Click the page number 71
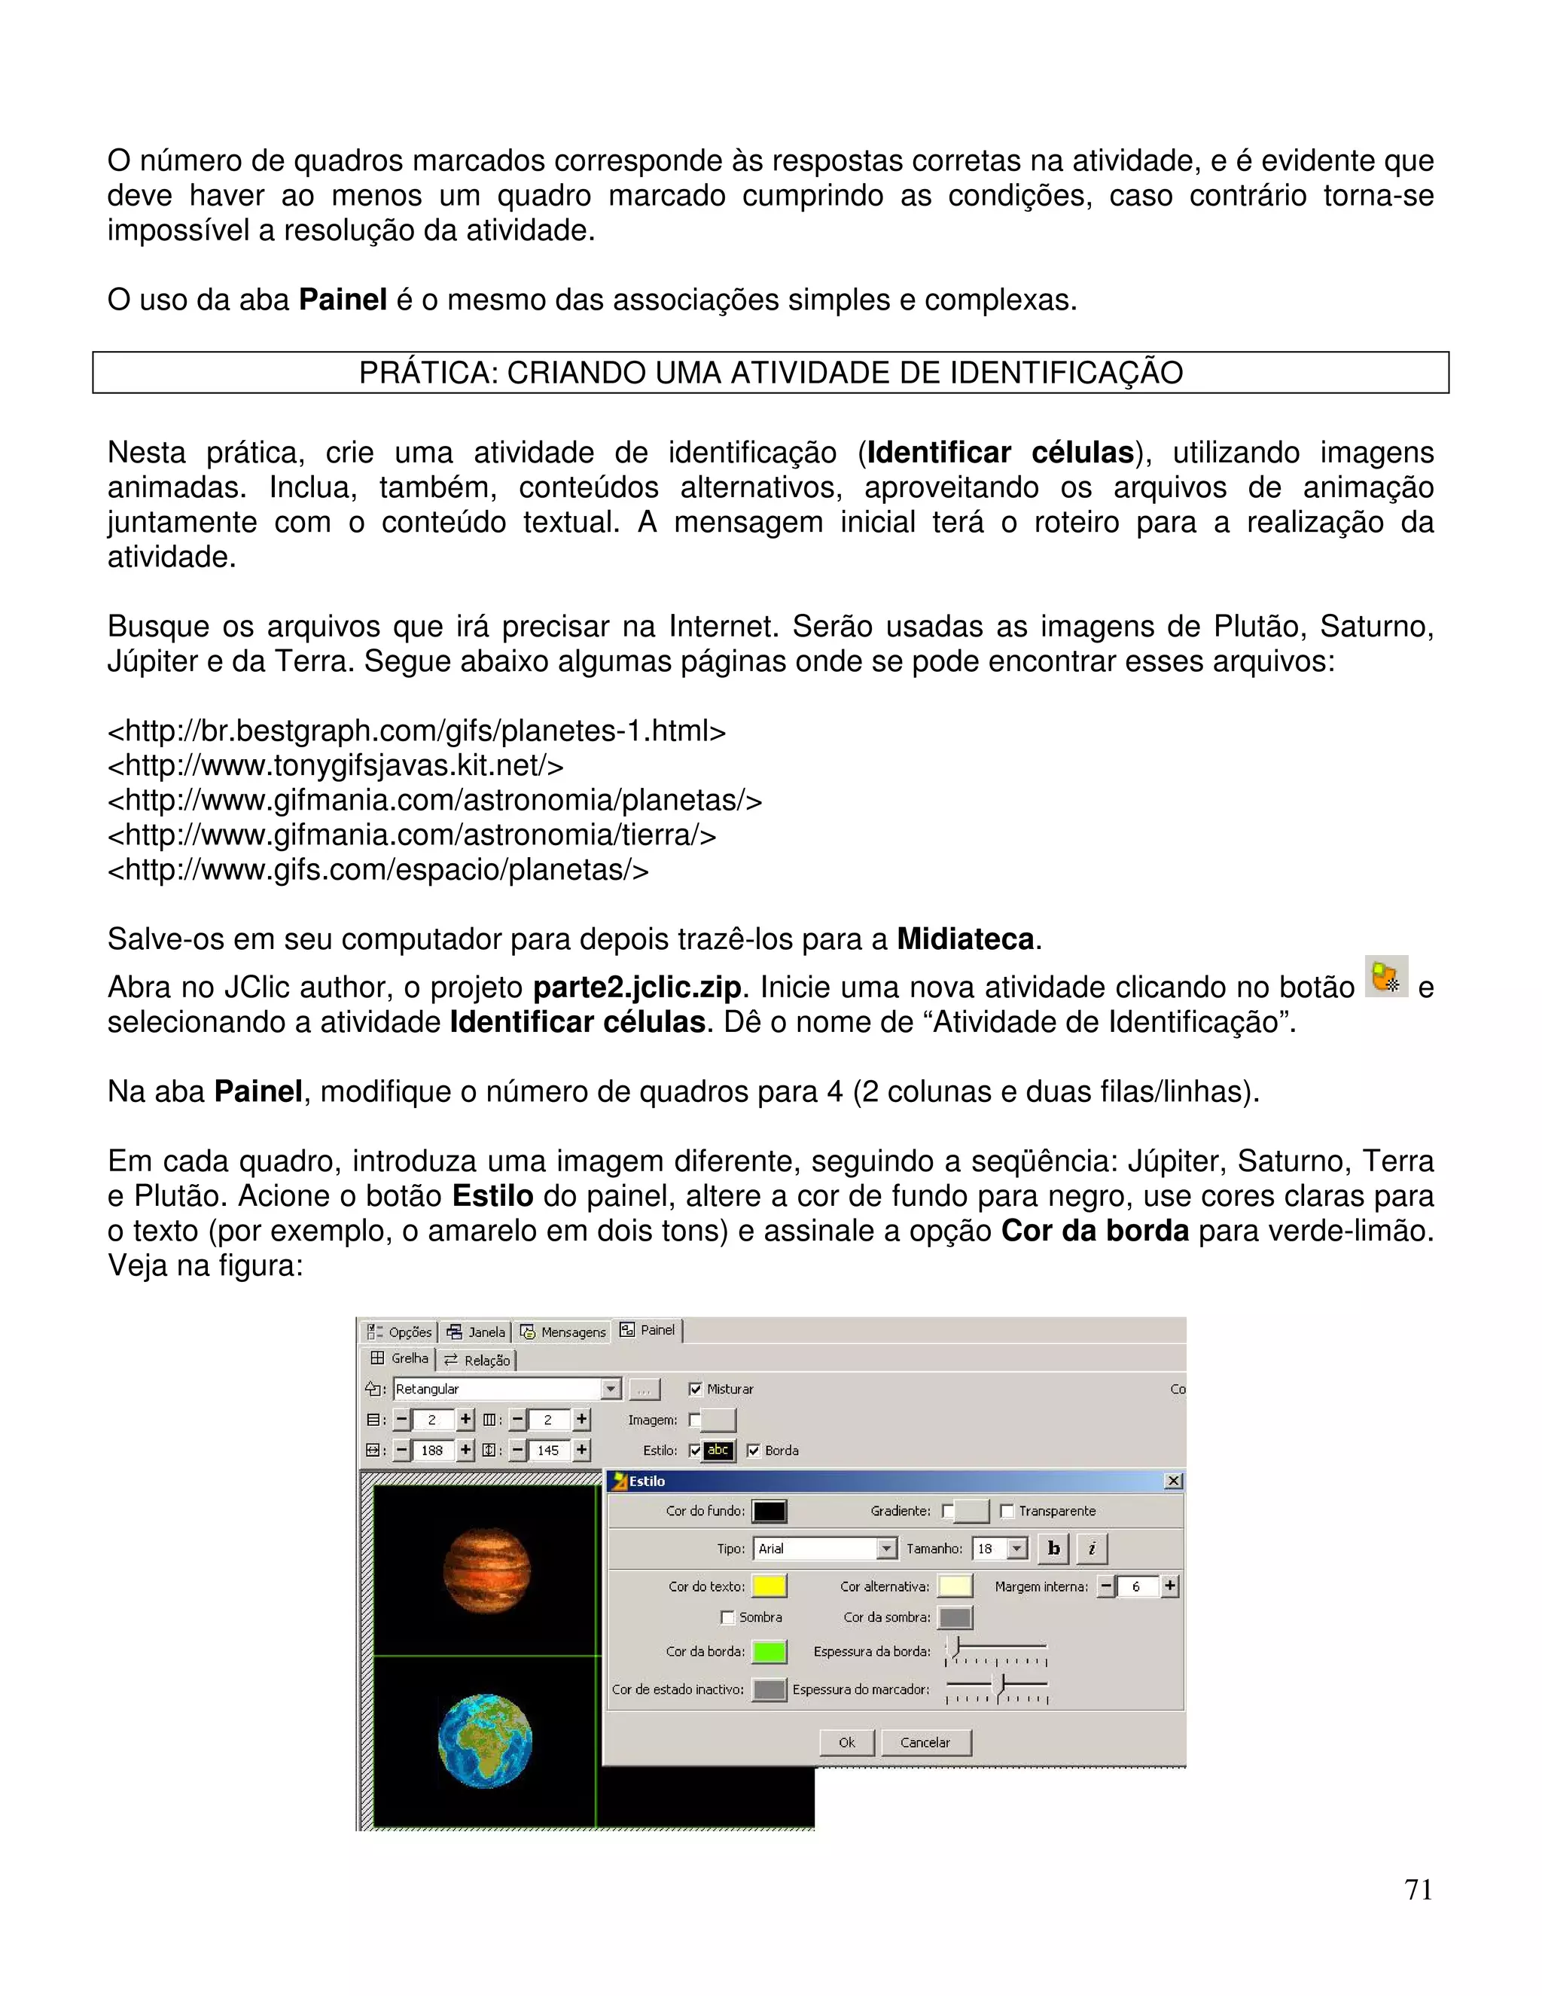pos(1418,1889)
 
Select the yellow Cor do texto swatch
pos(769,1586)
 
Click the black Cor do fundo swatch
pos(769,1511)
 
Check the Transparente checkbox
pos(1007,1511)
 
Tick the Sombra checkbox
pos(728,1616)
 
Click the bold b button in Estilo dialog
pos(1053,1548)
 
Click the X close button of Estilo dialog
pos(1174,1481)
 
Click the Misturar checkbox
pos(696,1388)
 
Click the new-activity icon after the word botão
pos(1386,976)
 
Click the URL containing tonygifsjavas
pos(335,765)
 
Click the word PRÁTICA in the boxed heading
pos(425,373)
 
